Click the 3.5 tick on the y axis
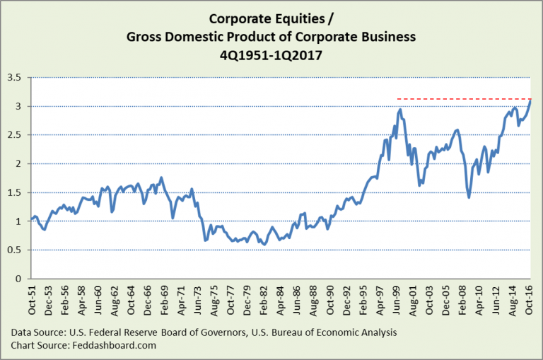click(14, 78)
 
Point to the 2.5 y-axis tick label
click(14, 135)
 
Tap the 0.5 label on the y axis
click(14, 250)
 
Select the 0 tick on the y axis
click(19, 279)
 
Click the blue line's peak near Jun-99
click(400, 110)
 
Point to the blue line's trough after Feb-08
click(469, 197)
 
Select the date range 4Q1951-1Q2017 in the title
click(272, 52)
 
